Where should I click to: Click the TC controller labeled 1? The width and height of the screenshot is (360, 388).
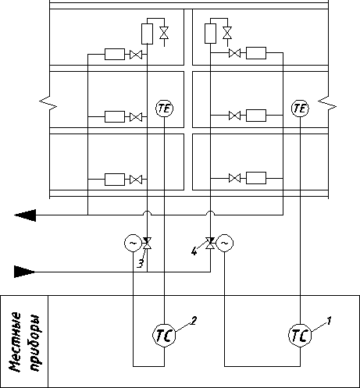pyautogui.click(x=300, y=336)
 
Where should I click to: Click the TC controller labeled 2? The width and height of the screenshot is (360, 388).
pyautogui.click(x=164, y=336)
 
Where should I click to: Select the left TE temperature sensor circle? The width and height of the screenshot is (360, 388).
pyautogui.click(x=165, y=109)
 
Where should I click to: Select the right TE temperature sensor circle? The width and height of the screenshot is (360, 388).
pyautogui.click(x=300, y=109)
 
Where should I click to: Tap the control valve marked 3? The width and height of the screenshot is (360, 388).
pyautogui.click(x=147, y=243)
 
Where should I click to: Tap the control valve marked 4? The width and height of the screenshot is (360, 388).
pyautogui.click(x=210, y=243)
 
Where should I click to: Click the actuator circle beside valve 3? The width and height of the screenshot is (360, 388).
pyautogui.click(x=133, y=243)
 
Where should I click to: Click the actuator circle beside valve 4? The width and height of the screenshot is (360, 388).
pyautogui.click(x=225, y=243)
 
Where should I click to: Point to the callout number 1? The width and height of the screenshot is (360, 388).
pyautogui.click(x=330, y=321)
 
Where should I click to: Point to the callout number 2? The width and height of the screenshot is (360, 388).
pyautogui.click(x=194, y=320)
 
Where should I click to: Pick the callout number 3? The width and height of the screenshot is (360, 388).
pyautogui.click(x=141, y=264)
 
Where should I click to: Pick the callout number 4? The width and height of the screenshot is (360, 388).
pyautogui.click(x=194, y=251)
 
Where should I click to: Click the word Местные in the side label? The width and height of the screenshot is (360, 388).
pyautogui.click(x=15, y=342)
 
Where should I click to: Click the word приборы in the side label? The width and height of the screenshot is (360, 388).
pyautogui.click(x=35, y=343)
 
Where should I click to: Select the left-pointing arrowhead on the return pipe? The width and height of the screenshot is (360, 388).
pyautogui.click(x=25, y=215)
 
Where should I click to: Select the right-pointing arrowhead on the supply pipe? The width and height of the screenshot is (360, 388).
pyautogui.click(x=24, y=272)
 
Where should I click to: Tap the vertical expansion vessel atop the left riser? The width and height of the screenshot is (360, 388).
pyautogui.click(x=147, y=34)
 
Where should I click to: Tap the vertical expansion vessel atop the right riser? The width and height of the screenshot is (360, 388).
pyautogui.click(x=210, y=34)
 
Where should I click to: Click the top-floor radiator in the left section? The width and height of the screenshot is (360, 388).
pyautogui.click(x=115, y=54)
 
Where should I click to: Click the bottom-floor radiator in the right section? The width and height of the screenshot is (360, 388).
pyautogui.click(x=256, y=178)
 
